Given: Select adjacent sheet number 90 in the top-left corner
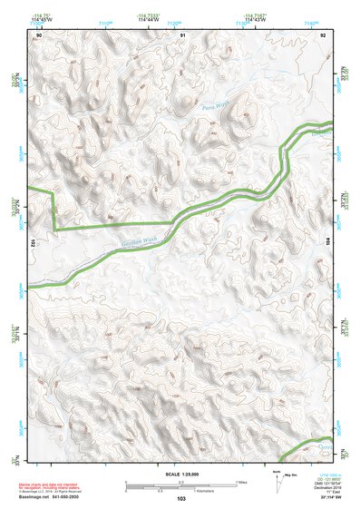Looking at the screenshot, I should (x=39, y=34).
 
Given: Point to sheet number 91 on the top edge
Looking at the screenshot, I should (x=182, y=34).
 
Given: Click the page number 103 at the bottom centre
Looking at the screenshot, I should (x=181, y=499).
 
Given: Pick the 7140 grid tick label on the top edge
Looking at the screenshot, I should (x=311, y=24).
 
